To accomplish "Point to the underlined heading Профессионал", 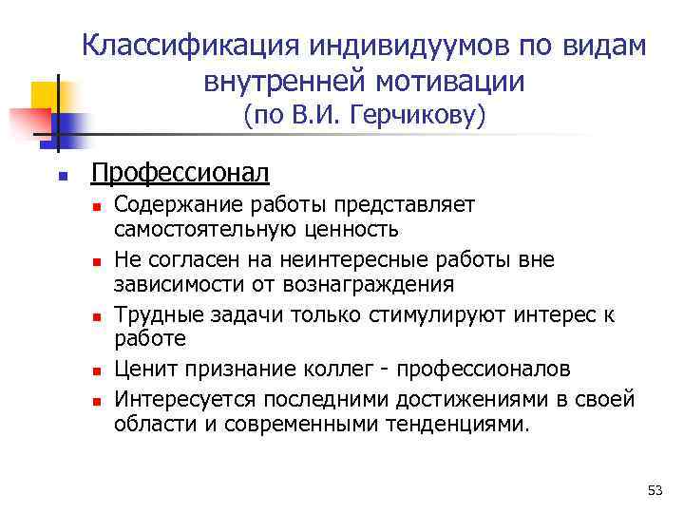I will click(x=180, y=173).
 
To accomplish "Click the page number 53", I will click(x=654, y=490).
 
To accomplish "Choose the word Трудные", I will click(x=154, y=314).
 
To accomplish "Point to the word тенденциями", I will click(x=461, y=424).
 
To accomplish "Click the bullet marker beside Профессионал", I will click(x=60, y=176).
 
